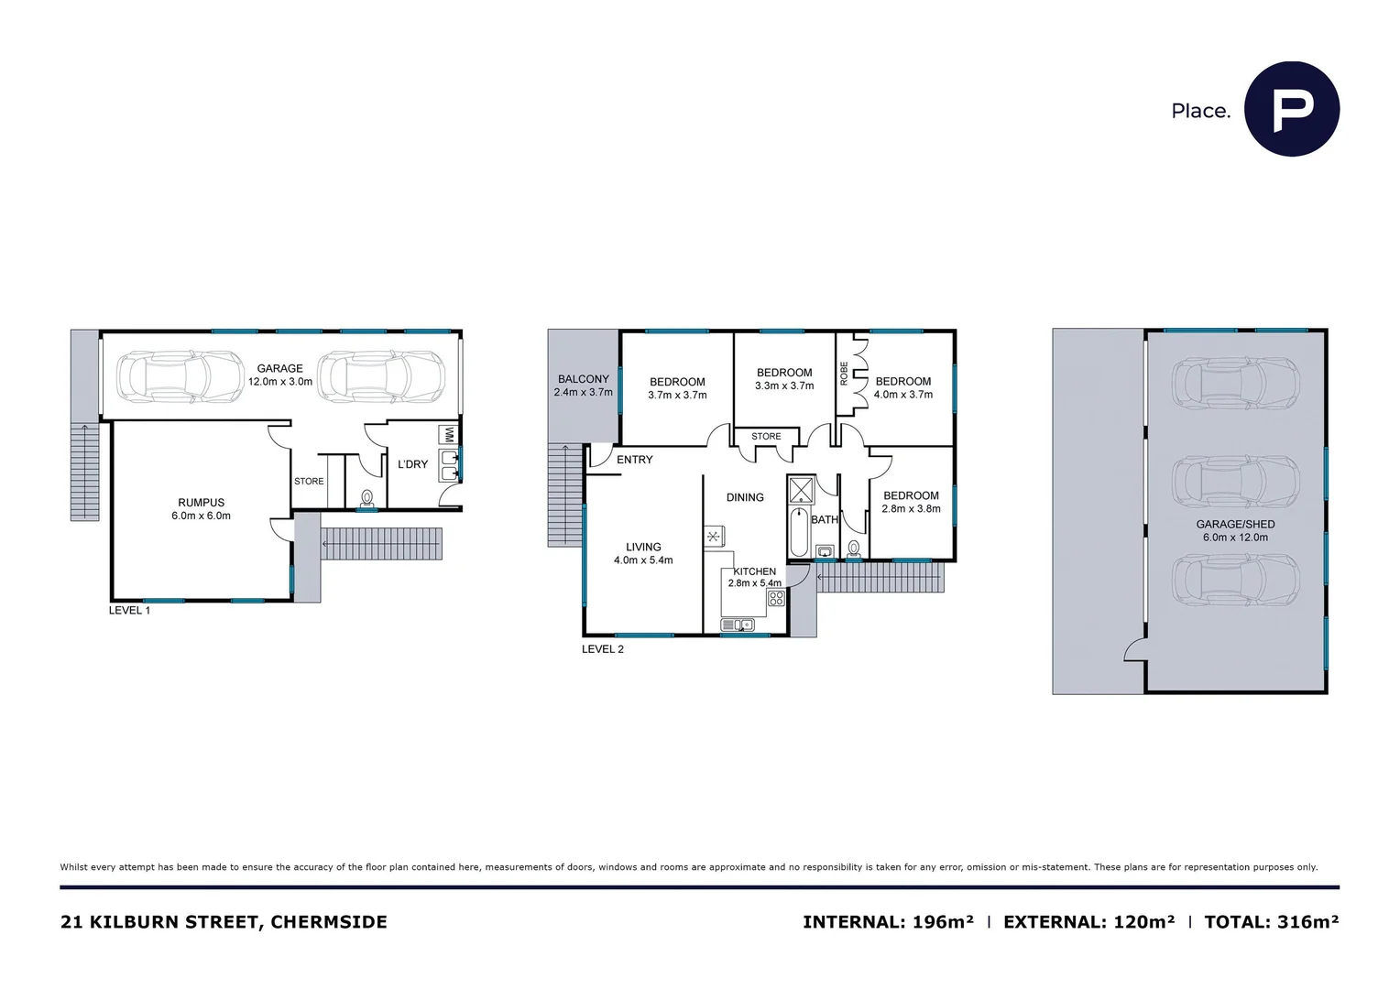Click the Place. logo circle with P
(x=1291, y=109)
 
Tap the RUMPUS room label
(x=201, y=503)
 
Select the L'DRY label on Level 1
(x=412, y=464)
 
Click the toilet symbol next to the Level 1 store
(x=367, y=498)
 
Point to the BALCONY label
(x=583, y=379)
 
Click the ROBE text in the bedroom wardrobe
(x=844, y=373)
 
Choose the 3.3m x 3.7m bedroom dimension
(x=784, y=386)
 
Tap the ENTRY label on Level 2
(x=634, y=460)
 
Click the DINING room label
(x=745, y=497)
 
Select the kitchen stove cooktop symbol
(x=776, y=599)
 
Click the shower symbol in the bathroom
(x=802, y=489)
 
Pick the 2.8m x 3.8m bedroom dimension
(x=911, y=509)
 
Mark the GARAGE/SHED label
(x=1235, y=525)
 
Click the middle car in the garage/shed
(x=1235, y=481)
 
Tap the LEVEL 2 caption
(x=602, y=649)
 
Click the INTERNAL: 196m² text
(x=888, y=922)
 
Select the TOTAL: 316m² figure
(x=1271, y=922)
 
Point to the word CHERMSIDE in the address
(x=329, y=922)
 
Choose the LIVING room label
(x=643, y=547)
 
